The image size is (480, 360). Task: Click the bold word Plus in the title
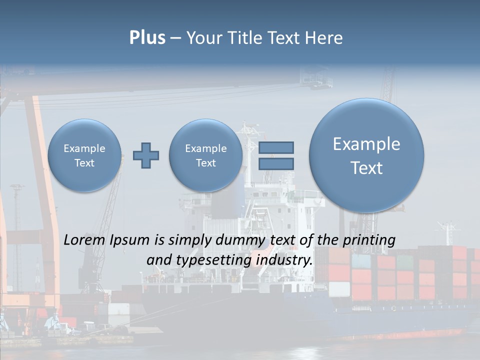pos(147,38)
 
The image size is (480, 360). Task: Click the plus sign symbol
pos(146,155)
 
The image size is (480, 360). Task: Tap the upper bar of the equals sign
pos(276,147)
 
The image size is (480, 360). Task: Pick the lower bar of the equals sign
pos(276,163)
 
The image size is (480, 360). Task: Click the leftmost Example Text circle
pos(84,155)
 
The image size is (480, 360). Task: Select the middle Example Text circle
pos(206,155)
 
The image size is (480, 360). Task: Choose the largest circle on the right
pos(366,155)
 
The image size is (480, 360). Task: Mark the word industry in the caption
pos(283,260)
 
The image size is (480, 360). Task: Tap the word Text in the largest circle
pos(366,168)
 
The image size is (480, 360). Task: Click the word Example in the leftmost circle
pos(84,148)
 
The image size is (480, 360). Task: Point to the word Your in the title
pos(204,38)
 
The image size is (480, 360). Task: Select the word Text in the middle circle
pos(206,163)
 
